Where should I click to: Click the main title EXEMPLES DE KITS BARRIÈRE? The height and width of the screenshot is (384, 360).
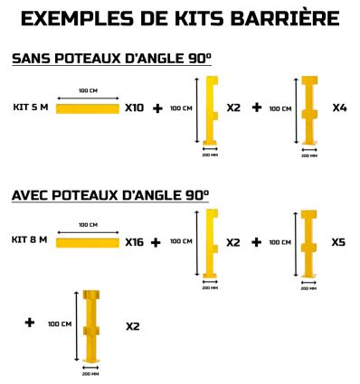[x=180, y=18]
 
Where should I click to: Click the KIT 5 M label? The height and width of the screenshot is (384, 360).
[x=30, y=108]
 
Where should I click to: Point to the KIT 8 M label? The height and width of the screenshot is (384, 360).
[x=30, y=240]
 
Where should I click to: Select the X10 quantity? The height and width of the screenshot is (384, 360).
[x=134, y=108]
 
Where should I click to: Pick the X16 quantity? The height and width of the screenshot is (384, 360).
[x=135, y=242]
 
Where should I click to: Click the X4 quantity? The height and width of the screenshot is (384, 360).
[x=339, y=108]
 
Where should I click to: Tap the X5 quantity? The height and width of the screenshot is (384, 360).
[x=337, y=242]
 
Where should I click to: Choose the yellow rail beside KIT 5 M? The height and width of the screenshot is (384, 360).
[x=88, y=108]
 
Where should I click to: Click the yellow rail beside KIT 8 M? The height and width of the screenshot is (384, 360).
[x=88, y=242]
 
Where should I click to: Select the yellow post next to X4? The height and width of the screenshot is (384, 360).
[x=308, y=110]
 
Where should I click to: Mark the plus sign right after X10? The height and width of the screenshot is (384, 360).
[x=158, y=108]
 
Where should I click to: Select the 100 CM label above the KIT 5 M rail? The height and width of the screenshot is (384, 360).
[x=88, y=91]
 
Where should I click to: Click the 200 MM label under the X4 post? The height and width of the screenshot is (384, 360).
[x=308, y=155]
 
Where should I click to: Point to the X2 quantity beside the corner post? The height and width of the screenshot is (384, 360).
[x=132, y=325]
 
